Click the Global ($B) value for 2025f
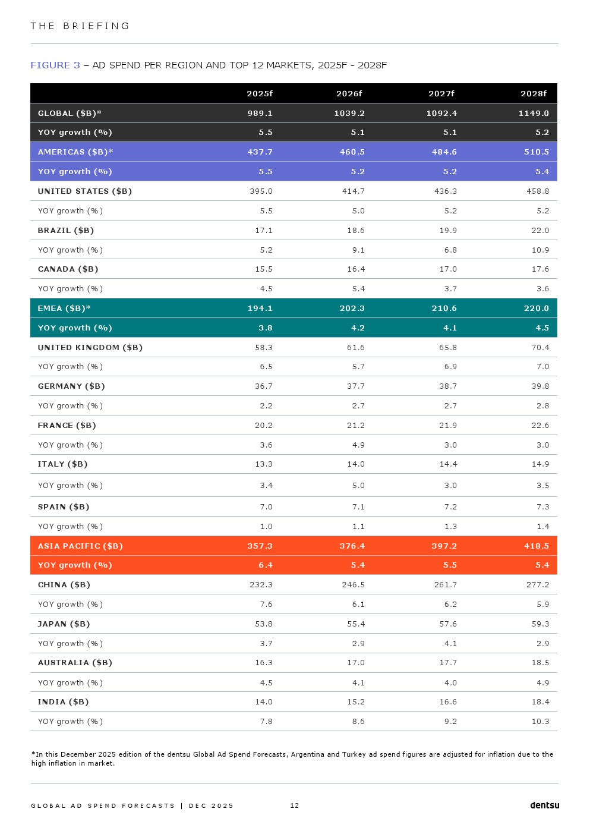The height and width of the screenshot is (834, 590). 260,113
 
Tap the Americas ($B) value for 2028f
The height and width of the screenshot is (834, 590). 536,152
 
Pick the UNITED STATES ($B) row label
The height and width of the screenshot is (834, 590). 85,191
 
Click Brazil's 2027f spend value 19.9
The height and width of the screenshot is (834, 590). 448,231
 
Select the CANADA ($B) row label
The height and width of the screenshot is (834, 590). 68,269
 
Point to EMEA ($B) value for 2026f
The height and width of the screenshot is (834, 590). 352,309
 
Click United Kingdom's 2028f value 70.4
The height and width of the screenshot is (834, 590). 540,348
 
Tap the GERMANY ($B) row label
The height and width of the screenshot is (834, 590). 71,386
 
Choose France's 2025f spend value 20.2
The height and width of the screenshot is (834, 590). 263,426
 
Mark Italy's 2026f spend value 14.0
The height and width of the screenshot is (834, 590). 356,464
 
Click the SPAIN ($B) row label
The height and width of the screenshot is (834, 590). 64,507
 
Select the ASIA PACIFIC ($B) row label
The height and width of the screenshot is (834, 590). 80,546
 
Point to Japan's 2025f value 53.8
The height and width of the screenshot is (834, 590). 263,624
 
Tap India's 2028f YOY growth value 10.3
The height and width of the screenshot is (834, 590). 540,722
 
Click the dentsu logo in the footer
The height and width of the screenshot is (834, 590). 544,805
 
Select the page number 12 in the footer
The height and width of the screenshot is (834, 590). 294,806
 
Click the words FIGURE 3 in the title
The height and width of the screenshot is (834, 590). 55,65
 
